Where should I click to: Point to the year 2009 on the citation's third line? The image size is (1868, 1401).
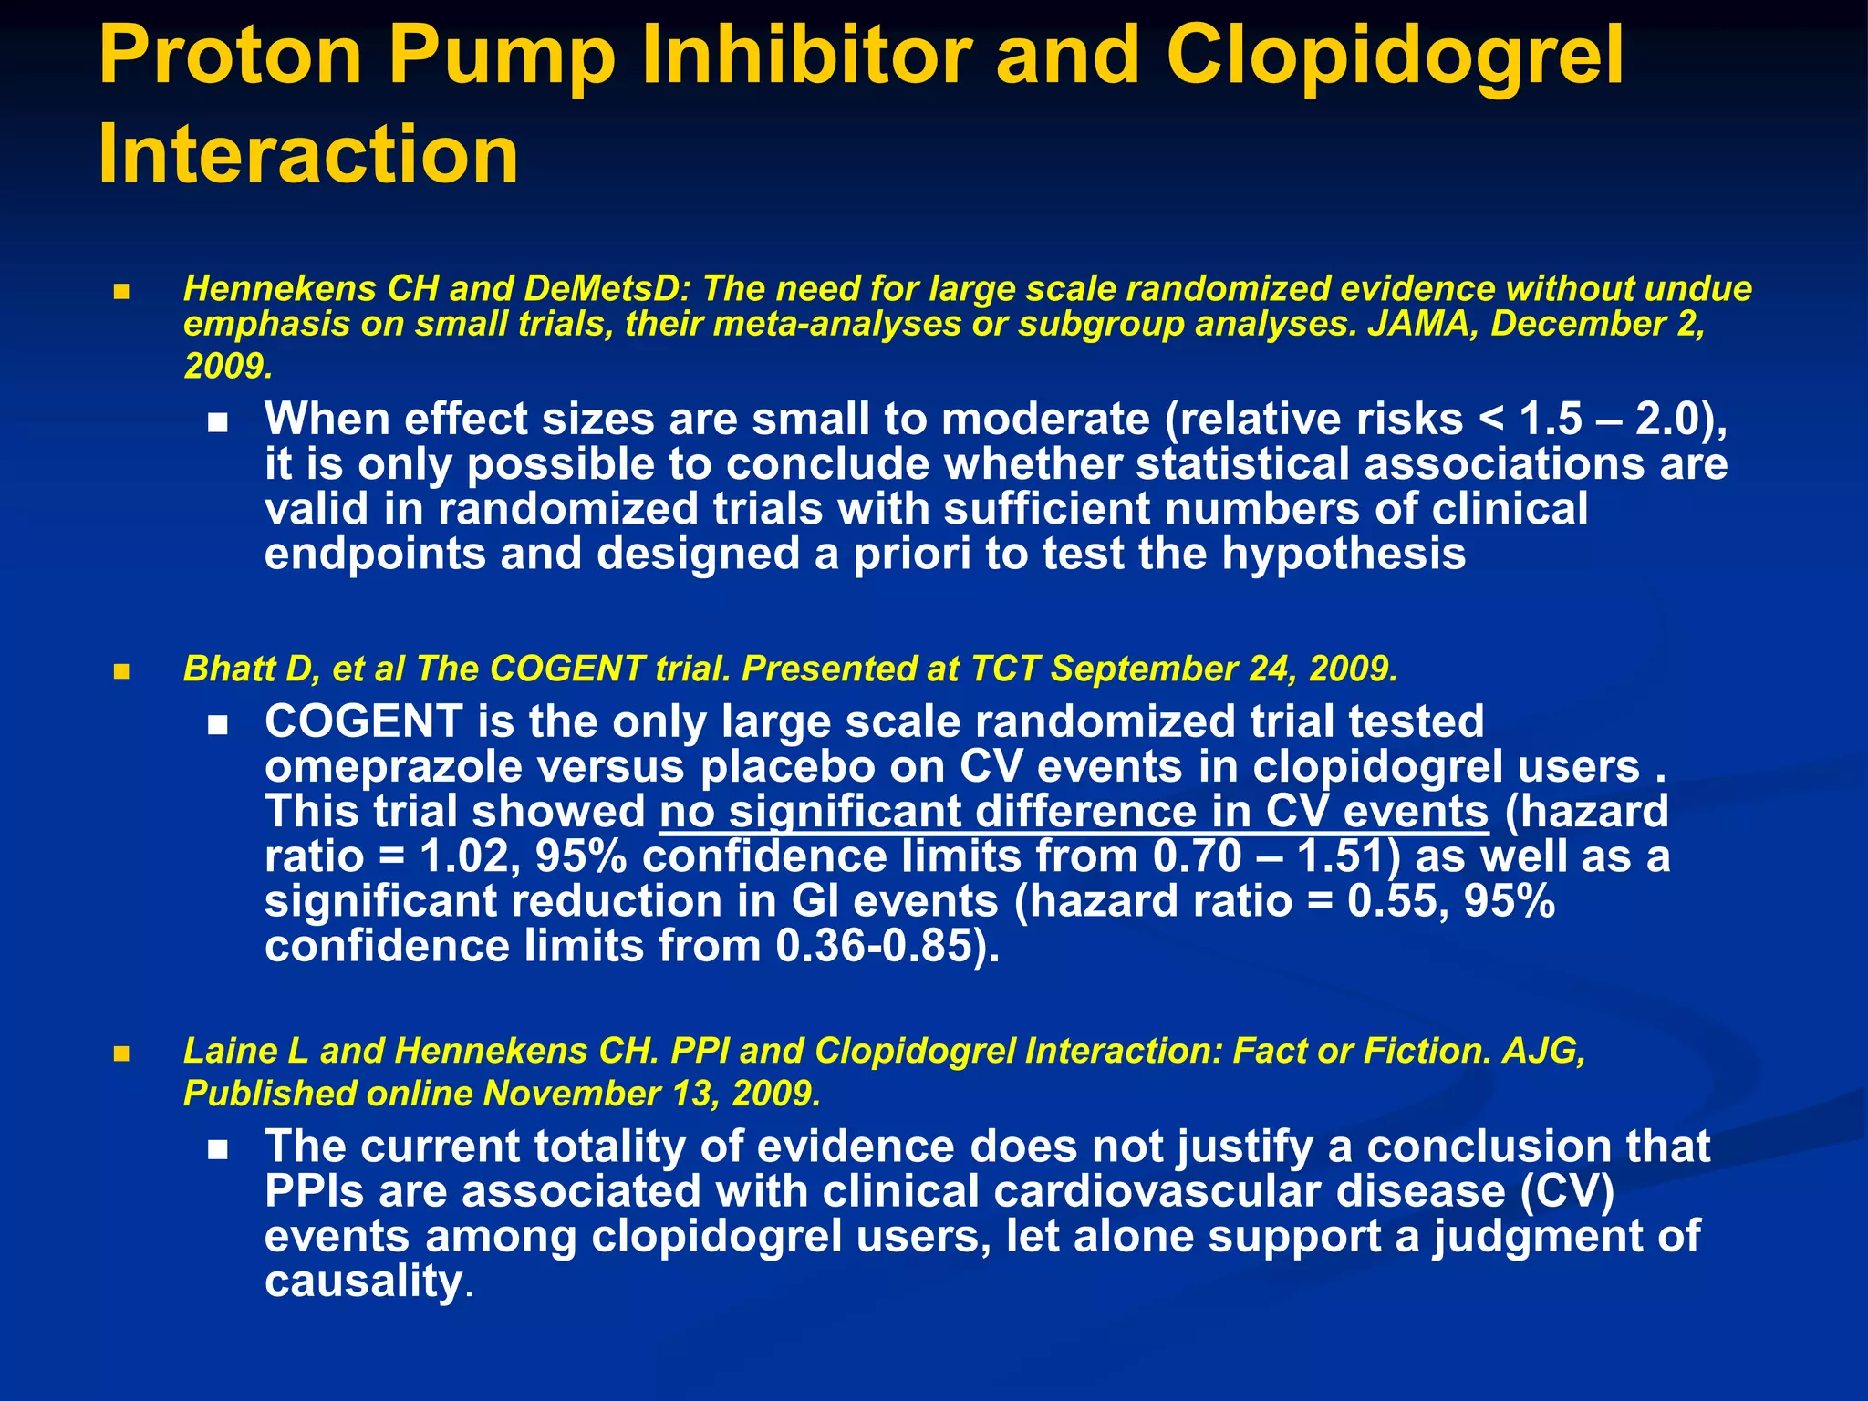(226, 366)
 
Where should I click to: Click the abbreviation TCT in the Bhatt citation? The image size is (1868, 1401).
(1005, 669)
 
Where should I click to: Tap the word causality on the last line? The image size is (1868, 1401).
(363, 1281)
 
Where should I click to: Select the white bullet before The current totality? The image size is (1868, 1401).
(217, 1151)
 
